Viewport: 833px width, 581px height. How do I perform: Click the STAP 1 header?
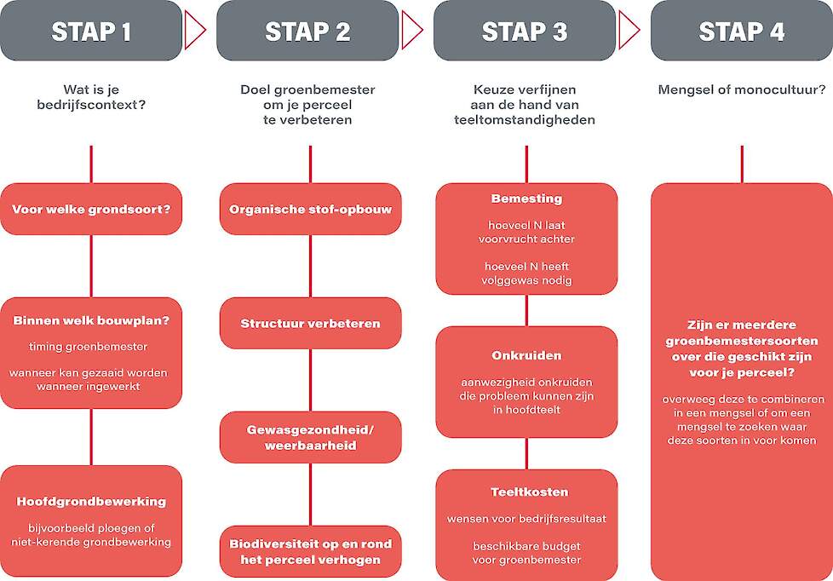[91, 31]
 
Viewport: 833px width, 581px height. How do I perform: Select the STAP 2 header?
[307, 31]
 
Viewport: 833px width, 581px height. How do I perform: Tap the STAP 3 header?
[525, 31]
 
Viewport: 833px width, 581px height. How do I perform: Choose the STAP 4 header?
[742, 31]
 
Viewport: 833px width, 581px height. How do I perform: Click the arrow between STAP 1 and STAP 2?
[194, 31]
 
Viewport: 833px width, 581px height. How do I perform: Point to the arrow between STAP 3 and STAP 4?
[629, 31]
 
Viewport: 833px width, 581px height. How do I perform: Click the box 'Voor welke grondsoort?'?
[91, 209]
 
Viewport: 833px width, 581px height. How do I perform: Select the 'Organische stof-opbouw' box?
[310, 209]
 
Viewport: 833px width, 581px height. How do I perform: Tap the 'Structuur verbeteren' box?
[310, 323]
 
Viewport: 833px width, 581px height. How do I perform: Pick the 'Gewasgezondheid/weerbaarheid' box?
[310, 438]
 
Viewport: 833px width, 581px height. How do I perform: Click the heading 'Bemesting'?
[526, 198]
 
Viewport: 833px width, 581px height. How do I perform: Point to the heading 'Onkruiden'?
[526, 355]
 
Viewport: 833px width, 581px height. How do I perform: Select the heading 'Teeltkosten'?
[529, 492]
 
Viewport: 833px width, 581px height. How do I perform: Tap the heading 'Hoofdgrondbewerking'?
[91, 502]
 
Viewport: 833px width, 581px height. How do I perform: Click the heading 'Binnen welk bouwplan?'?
[91, 320]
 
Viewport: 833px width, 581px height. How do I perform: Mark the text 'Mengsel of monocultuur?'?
[742, 89]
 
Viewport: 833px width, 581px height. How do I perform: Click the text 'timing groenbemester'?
[89, 347]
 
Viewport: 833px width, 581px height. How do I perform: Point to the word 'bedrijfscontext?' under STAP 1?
[91, 105]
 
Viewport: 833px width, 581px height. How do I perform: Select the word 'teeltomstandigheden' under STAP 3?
[525, 120]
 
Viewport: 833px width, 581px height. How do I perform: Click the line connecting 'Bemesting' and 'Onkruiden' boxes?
[526, 310]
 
